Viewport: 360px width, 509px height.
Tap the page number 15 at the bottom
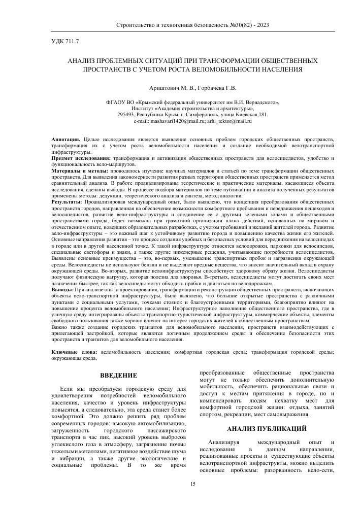click(192, 484)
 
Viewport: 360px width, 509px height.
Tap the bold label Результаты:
click(67, 202)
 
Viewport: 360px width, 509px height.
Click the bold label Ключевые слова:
click(75, 352)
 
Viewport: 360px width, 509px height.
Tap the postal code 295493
click(125, 115)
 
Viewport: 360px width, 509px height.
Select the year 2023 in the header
click(260, 25)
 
